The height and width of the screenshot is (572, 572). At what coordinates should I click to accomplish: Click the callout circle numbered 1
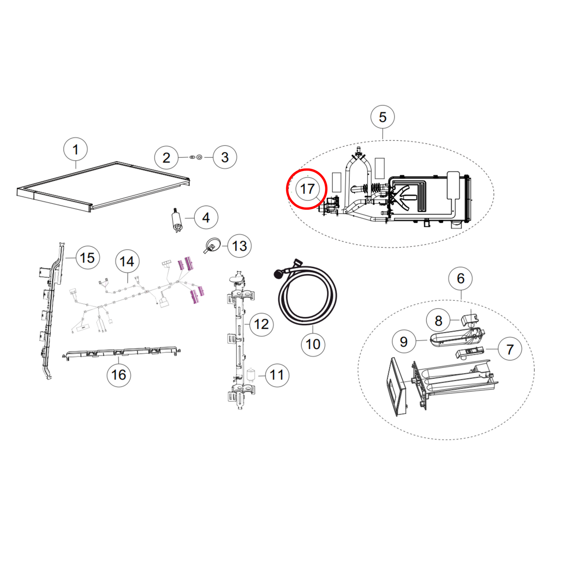click(75, 150)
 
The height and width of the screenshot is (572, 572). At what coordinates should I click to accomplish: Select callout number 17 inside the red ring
click(307, 189)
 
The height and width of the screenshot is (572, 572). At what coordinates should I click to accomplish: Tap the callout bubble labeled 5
click(382, 117)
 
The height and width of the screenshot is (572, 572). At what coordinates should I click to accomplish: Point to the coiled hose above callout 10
click(308, 295)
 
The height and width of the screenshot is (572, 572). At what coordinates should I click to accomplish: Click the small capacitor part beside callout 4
click(177, 221)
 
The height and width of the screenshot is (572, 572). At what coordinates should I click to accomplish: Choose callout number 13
click(239, 246)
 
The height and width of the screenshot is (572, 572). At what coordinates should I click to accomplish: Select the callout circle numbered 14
click(127, 262)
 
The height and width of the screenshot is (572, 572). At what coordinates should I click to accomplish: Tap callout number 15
click(87, 258)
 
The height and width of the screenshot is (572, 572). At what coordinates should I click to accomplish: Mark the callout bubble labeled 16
click(119, 375)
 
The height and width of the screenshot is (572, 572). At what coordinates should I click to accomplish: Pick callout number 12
click(261, 324)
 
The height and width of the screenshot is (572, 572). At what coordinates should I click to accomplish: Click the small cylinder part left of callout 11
click(251, 374)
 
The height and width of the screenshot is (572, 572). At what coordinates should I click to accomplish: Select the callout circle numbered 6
click(460, 278)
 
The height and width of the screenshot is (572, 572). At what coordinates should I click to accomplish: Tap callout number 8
click(438, 321)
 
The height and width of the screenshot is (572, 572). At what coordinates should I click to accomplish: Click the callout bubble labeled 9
click(403, 342)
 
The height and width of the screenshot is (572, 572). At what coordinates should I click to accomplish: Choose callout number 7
click(510, 349)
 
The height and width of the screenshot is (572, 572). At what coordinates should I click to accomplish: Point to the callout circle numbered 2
click(166, 158)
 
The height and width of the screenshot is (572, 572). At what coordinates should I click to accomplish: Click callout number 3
click(225, 157)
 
